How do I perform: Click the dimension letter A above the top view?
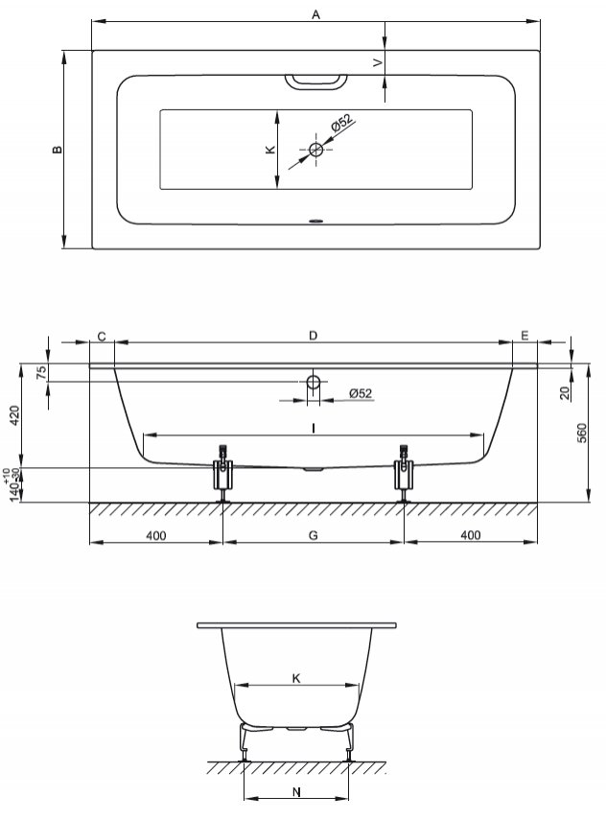[315, 14]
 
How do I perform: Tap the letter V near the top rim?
[378, 62]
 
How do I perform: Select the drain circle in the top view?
[315, 150]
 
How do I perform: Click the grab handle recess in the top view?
[315, 82]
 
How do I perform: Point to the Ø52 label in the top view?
[342, 123]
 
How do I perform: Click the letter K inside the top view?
[269, 150]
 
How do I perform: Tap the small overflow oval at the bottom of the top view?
[316, 221]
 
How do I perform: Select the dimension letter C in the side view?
[102, 337]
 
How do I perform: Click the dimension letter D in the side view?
[313, 336]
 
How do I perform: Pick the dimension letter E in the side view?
[524, 336]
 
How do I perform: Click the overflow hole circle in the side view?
[314, 383]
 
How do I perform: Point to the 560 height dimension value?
[582, 433]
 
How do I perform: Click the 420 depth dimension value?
[14, 415]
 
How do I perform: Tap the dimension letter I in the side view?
[314, 429]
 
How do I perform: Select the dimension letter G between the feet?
[314, 535]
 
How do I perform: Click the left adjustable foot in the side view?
[223, 473]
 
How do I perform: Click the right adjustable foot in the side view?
[404, 473]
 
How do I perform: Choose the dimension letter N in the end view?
[296, 792]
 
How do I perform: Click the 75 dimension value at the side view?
[42, 373]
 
